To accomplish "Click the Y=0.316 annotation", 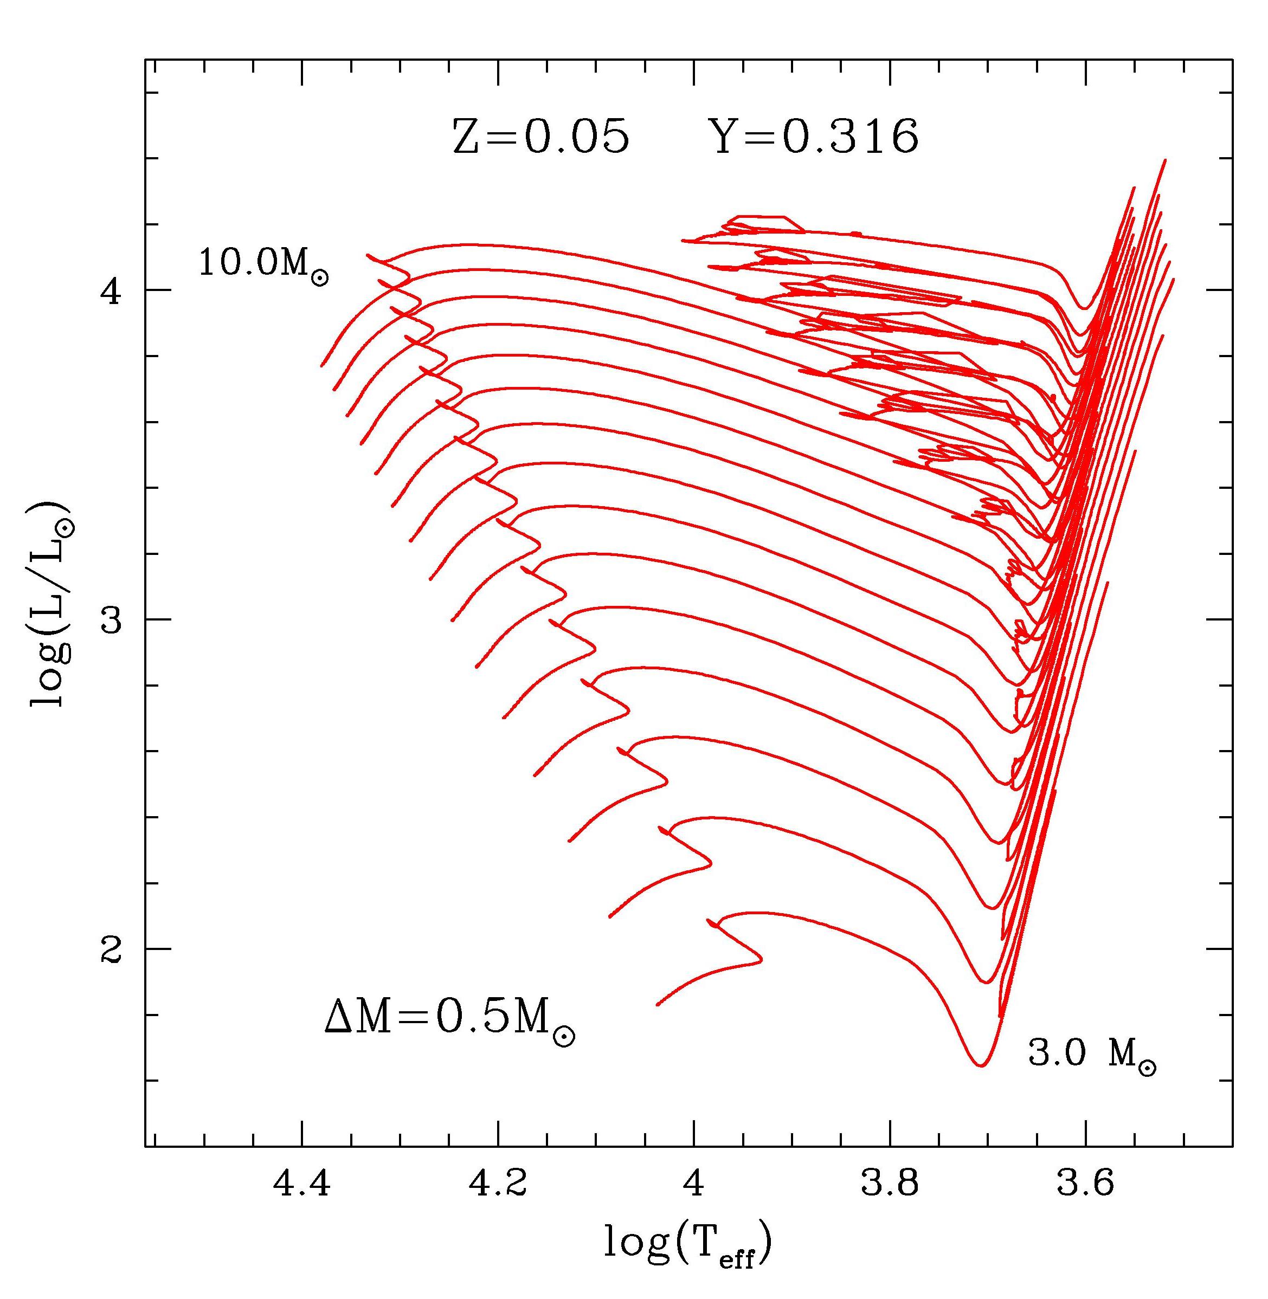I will tap(816, 138).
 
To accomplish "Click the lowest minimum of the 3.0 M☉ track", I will tap(980, 1065).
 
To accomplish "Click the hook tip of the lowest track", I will tap(761, 959).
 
